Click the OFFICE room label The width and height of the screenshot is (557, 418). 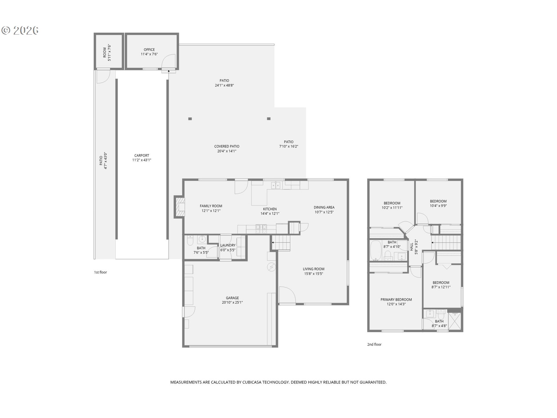(x=149, y=50)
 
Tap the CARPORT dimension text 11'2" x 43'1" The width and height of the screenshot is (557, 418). (x=142, y=160)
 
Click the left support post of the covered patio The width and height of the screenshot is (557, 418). (x=190, y=119)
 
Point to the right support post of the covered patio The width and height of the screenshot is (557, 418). (x=269, y=119)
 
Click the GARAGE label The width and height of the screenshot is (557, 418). (x=232, y=298)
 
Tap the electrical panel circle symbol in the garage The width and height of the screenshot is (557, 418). (x=271, y=267)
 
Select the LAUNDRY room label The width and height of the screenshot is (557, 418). (x=228, y=245)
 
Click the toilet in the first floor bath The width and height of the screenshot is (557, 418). (x=190, y=240)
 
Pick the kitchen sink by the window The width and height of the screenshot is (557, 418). (x=276, y=185)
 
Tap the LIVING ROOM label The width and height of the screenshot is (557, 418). (x=313, y=269)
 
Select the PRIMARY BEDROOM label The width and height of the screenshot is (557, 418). (x=396, y=300)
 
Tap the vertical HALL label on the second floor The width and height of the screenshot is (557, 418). (x=411, y=247)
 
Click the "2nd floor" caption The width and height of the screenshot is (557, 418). (x=374, y=345)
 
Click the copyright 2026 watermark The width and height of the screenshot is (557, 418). (x=20, y=30)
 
